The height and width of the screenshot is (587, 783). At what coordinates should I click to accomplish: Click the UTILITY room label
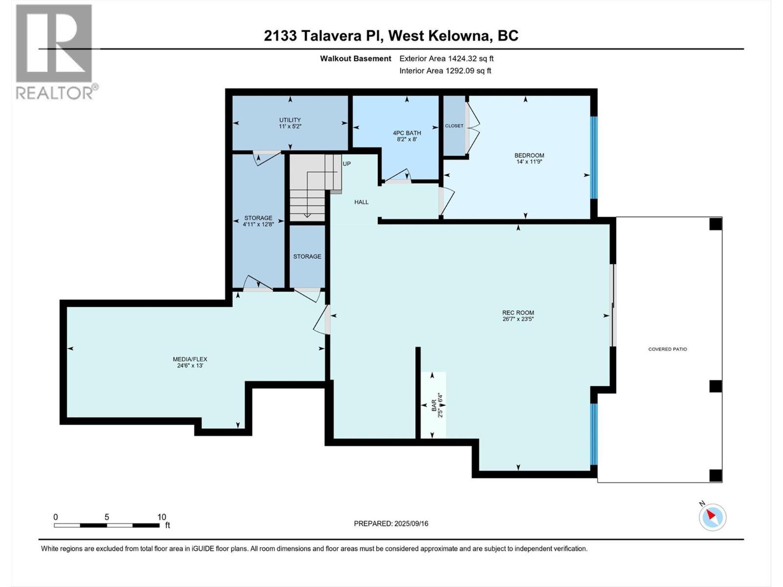pyautogui.click(x=290, y=120)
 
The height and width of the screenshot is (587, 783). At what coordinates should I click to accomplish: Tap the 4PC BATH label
pyautogui.click(x=407, y=133)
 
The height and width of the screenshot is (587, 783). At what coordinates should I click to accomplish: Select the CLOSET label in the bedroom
pyautogui.click(x=454, y=126)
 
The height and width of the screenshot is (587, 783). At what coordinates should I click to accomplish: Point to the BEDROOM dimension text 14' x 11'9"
pyautogui.click(x=529, y=162)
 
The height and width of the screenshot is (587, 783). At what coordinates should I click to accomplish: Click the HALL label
pyautogui.click(x=361, y=202)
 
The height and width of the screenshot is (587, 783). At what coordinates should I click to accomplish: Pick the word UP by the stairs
pyautogui.click(x=346, y=164)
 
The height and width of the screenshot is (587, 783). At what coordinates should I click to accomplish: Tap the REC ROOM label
pyautogui.click(x=518, y=313)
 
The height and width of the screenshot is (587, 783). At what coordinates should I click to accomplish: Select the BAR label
pyautogui.click(x=434, y=405)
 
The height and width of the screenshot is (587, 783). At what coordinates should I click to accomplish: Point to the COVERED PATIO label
pyautogui.click(x=668, y=349)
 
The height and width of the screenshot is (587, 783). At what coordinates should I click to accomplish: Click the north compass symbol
pyautogui.click(x=712, y=517)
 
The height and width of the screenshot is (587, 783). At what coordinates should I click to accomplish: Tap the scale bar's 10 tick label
pyautogui.click(x=161, y=517)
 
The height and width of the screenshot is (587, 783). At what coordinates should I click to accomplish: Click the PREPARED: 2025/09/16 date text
pyautogui.click(x=391, y=523)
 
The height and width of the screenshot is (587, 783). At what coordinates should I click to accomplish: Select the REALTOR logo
pyautogui.click(x=55, y=51)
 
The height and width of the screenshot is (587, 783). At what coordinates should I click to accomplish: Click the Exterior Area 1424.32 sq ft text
pyautogui.click(x=446, y=59)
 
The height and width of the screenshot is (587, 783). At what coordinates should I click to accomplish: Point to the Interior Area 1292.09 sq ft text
pyautogui.click(x=445, y=71)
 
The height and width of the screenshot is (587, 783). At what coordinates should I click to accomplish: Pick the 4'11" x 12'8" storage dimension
pyautogui.click(x=258, y=225)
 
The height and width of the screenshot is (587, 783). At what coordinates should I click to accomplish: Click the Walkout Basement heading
pyautogui.click(x=356, y=59)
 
